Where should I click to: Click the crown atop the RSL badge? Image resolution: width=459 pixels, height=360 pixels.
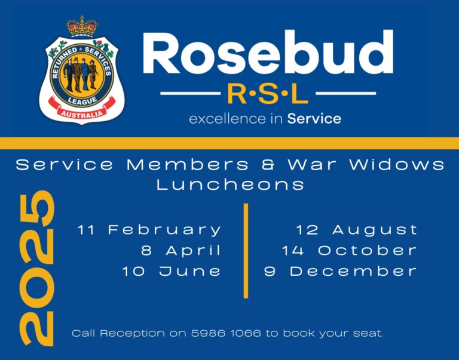[82, 26]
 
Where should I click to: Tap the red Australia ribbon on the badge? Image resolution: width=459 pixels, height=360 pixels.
[81, 112]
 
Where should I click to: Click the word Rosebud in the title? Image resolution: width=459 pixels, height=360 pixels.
[268, 53]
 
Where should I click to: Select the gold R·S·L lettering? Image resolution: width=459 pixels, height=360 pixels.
[267, 94]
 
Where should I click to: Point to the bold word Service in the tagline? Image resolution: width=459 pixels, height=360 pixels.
[314, 119]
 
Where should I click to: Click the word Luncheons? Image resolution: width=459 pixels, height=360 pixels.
[231, 184]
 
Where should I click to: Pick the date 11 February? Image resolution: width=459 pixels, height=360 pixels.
[149, 230]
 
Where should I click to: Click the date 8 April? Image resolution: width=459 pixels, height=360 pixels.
[181, 250]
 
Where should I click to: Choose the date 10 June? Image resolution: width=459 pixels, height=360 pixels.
[172, 271]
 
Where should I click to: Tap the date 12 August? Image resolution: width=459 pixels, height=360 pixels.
[357, 230]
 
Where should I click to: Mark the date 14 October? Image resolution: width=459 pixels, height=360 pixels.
[349, 250]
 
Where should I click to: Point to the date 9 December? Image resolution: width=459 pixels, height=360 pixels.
[341, 271]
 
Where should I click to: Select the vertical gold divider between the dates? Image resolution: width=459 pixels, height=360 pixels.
[245, 250]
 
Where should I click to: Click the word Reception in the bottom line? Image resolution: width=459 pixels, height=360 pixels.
[134, 333]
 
